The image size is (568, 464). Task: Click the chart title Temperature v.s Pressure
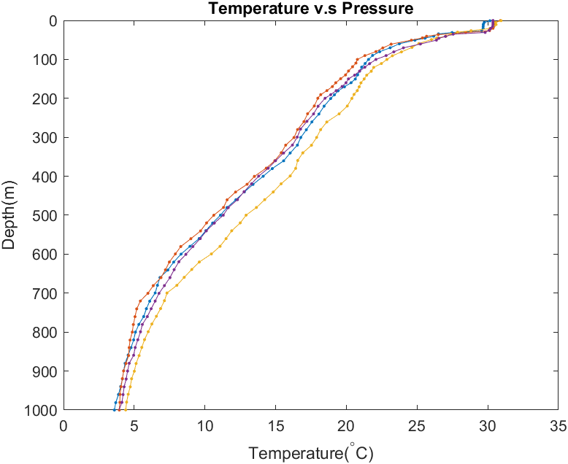tap(310, 9)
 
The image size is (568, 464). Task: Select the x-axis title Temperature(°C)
tap(311, 453)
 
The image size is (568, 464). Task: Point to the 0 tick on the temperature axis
tap(64, 425)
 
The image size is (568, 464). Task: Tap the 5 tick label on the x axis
tap(134, 425)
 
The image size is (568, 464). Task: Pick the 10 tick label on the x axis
tap(205, 425)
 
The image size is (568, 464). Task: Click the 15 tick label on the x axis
tap(276, 425)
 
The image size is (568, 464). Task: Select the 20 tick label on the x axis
tap(346, 425)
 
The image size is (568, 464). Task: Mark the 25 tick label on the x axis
tap(417, 425)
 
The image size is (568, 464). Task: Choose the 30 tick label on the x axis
tap(488, 425)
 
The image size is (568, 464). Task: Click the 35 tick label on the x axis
tap(558, 425)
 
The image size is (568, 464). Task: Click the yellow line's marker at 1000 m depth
tap(126, 410)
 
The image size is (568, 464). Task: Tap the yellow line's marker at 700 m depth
tap(167, 293)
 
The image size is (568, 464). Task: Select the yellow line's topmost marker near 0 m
tap(500, 21)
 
